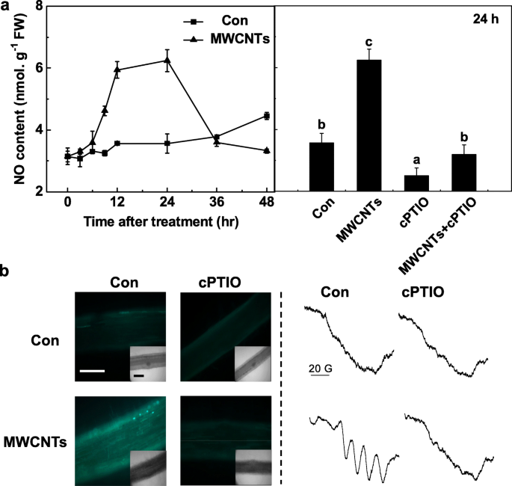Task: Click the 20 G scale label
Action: (x=321, y=367)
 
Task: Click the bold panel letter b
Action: (x=6, y=272)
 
